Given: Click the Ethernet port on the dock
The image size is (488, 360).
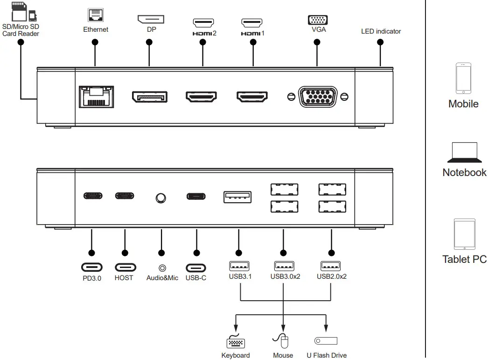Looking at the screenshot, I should point(95,97).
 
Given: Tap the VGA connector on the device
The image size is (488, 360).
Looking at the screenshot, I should point(317,97).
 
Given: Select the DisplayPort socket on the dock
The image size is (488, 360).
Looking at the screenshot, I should point(150,97).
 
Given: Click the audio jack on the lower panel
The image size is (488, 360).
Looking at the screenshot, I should point(161,198).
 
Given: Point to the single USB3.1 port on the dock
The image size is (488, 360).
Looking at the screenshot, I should point(237,197).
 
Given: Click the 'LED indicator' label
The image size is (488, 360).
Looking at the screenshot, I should point(381,31).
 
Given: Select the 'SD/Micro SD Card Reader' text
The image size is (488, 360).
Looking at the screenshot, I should point(21,30).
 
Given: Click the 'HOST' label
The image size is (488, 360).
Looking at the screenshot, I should point(124,278).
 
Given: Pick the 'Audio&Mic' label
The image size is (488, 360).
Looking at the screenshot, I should point(162,278).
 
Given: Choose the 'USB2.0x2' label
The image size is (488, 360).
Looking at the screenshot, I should point(331,276).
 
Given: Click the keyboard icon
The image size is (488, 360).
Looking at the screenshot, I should point(236,342).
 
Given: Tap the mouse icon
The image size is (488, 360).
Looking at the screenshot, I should point(283,341).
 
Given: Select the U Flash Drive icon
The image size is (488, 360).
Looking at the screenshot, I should point(326,341).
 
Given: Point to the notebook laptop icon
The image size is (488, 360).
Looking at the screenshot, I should point(464,152).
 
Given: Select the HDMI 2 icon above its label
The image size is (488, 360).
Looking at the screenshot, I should point(203,22).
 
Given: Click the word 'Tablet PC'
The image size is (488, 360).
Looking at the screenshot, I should point(464,259).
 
